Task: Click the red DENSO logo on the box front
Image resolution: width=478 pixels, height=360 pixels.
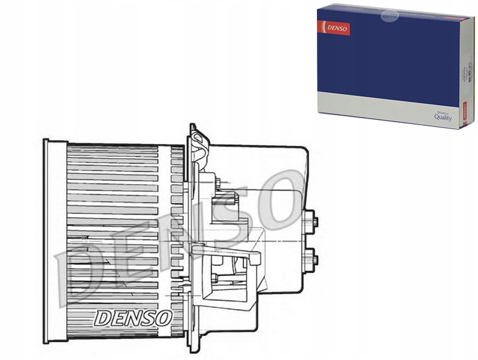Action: tap(335, 28)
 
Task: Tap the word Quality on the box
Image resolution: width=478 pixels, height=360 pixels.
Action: tap(443, 117)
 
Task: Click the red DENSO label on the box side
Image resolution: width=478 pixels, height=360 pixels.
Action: tap(464, 113)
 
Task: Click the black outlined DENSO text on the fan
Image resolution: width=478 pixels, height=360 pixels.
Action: tap(132, 318)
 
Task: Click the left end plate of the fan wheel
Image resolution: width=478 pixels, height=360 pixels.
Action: tap(55, 242)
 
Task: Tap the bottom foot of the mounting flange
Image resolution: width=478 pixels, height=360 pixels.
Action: tap(193, 345)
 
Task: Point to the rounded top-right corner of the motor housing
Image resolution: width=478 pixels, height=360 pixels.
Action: tap(302, 152)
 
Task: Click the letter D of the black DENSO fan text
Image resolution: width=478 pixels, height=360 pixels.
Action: tap(102, 318)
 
